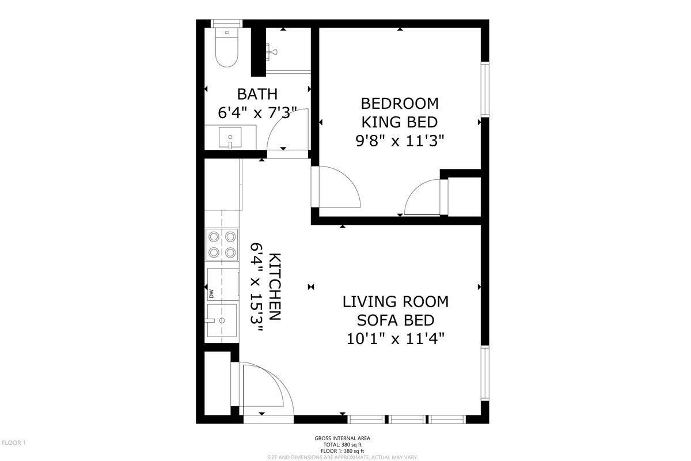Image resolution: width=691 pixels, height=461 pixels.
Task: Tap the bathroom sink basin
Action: pyautogui.click(x=230, y=137)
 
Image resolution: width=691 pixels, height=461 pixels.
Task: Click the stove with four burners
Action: pyautogui.click(x=222, y=245)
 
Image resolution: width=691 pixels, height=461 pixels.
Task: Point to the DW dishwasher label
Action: pyautogui.click(x=211, y=293)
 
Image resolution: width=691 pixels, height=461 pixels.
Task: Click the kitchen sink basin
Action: pyautogui.click(x=222, y=320)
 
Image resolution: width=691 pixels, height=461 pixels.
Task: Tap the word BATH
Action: pyautogui.click(x=257, y=94)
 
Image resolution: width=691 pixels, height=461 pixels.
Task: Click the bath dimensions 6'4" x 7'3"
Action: pyautogui.click(x=257, y=113)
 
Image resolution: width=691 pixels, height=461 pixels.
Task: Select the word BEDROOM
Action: pyautogui.click(x=400, y=104)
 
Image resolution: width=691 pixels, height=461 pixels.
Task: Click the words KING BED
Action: pyautogui.click(x=400, y=122)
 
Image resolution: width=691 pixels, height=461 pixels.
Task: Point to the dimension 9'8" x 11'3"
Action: pyautogui.click(x=400, y=141)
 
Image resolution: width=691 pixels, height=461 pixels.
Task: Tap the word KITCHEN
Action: pyautogui.click(x=275, y=287)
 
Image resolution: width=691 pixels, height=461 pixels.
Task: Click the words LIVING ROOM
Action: pyautogui.click(x=396, y=302)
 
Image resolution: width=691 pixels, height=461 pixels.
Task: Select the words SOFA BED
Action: pyautogui.click(x=396, y=320)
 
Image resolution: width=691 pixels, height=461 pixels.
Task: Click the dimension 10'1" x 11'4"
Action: pyautogui.click(x=396, y=339)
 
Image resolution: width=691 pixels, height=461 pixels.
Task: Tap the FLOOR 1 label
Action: pyautogui.click(x=14, y=443)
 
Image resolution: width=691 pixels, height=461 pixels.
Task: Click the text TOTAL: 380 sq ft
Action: pyautogui.click(x=343, y=445)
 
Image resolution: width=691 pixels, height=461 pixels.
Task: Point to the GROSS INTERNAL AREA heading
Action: pyautogui.click(x=343, y=438)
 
